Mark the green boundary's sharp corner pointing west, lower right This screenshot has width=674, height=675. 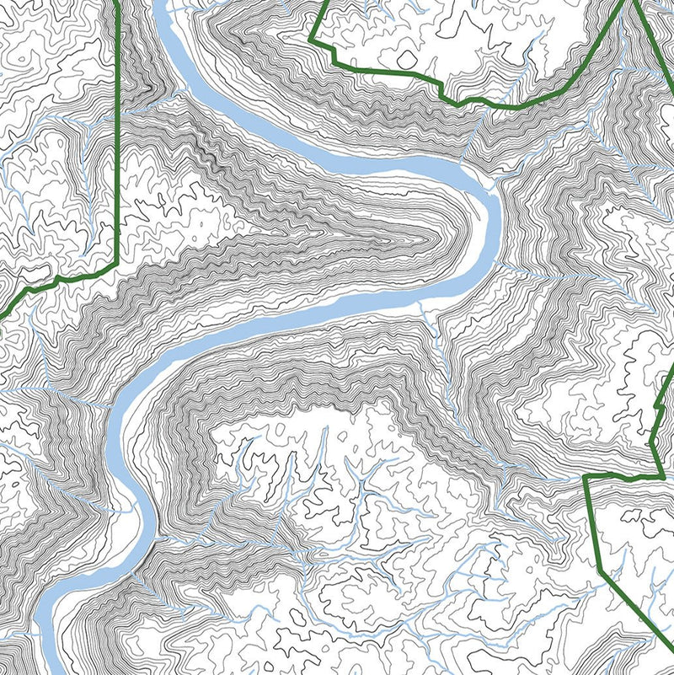(x=585, y=478)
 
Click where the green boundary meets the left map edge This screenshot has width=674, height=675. (x=3, y=316)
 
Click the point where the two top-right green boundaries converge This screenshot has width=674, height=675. (x=627, y=3)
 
